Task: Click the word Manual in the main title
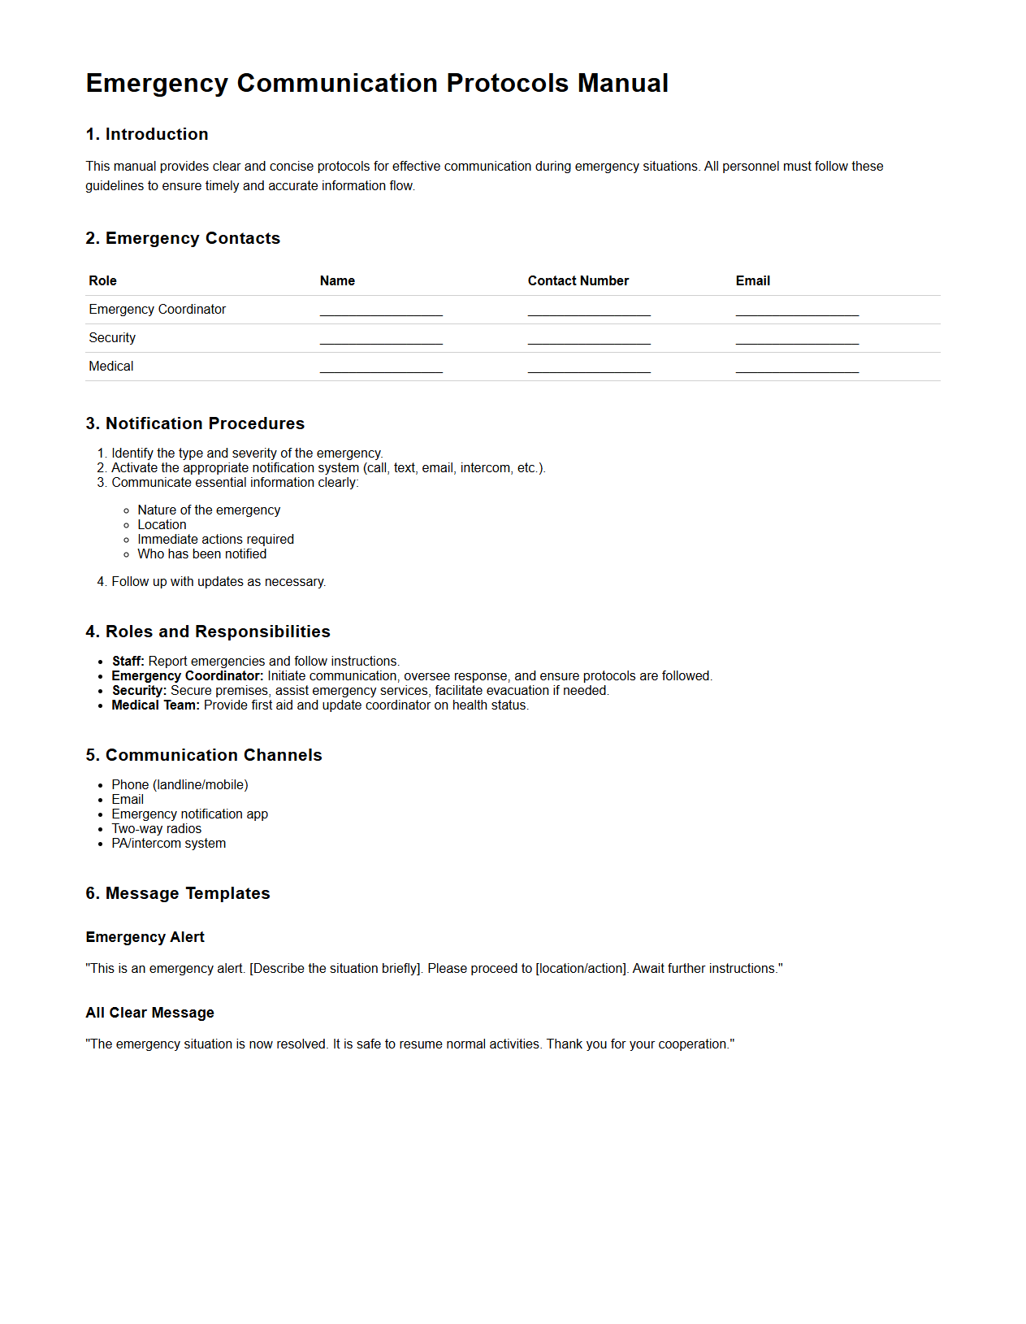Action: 622,83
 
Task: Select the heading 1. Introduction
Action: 147,134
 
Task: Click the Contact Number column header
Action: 578,280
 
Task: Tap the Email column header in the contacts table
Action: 752,280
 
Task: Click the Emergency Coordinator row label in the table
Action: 157,309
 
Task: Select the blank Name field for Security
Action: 381,339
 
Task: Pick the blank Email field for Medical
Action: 797,367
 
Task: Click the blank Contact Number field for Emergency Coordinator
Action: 589,310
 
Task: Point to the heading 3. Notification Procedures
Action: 195,423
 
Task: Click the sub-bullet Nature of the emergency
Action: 209,510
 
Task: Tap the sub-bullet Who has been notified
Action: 201,553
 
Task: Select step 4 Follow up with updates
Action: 218,581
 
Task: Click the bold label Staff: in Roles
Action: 128,661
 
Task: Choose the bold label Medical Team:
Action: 155,705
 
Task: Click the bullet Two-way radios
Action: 156,828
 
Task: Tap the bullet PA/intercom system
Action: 168,843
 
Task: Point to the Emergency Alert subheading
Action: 145,937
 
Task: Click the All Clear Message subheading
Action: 149,1013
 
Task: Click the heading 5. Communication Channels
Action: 204,755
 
